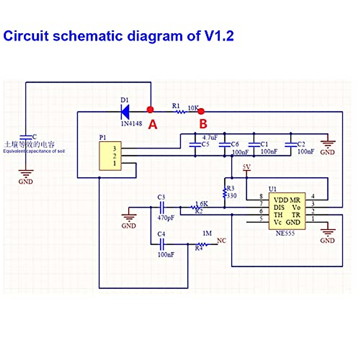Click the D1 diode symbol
tap(125, 112)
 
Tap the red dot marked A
tap(150, 109)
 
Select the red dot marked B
tap(201, 112)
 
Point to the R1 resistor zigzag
tap(181, 112)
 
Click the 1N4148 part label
tap(131, 123)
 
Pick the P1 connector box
tap(110, 156)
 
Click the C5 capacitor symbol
tap(195, 145)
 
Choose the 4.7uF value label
tap(210, 138)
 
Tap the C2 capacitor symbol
tap(291, 145)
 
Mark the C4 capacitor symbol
tap(162, 244)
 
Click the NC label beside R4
tap(221, 241)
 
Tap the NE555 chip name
tap(285, 233)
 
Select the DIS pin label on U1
tap(279, 208)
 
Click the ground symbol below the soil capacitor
tap(26, 174)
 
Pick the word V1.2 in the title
tap(219, 36)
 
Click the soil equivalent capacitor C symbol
tap(26, 137)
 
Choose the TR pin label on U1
tap(296, 215)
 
